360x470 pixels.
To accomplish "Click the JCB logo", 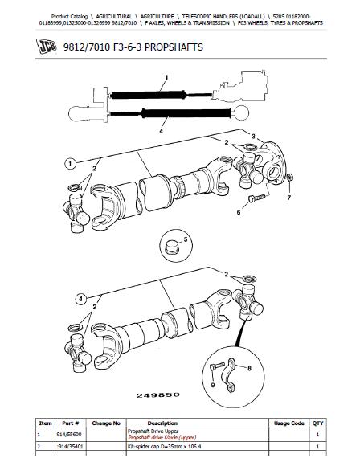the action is pos(46,46).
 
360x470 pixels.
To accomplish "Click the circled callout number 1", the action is pos(71,164).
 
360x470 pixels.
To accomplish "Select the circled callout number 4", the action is pos(80,299).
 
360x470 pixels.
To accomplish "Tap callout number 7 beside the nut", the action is pos(288,198).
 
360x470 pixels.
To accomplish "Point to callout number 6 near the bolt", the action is pos(239,212).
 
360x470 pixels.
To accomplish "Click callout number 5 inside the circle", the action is pos(186,239).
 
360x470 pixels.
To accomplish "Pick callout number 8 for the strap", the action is pos(249,369).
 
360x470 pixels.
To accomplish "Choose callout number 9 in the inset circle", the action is pos(212,385).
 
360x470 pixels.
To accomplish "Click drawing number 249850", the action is pos(158,395).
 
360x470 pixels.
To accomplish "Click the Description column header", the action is pos(162,423).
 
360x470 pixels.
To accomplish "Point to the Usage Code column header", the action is pos(289,423).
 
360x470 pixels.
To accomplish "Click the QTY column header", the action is pos(317,423).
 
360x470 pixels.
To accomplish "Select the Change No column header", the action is pos(106,423).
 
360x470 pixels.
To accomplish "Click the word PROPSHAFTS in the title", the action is pos(174,47).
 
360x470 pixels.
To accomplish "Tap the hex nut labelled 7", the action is pos(289,178).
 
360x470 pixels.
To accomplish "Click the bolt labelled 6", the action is pos(257,198).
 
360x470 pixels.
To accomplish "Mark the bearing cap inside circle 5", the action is pos(172,247).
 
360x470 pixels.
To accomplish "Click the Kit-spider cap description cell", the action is pos(164,447).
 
